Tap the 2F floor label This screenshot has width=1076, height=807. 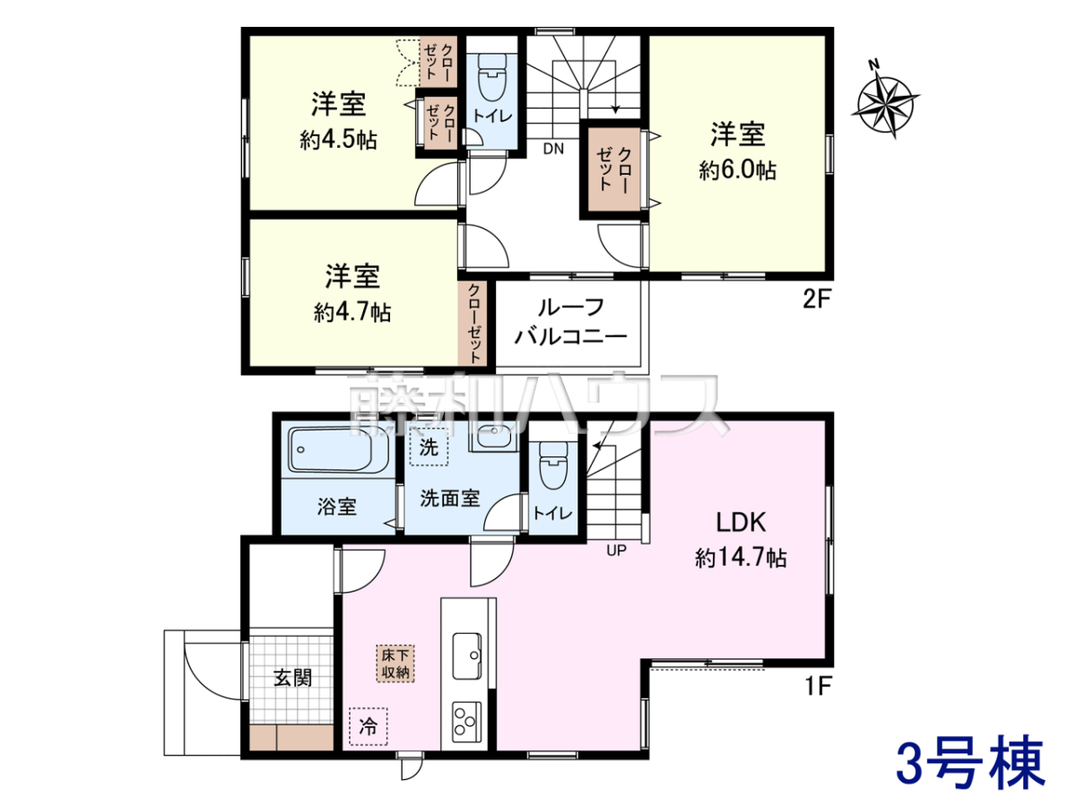[x=818, y=299]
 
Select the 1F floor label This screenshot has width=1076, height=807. [x=818, y=685]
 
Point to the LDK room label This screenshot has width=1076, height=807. [x=741, y=523]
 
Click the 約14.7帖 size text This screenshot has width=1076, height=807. [x=741, y=558]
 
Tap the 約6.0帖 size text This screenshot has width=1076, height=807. [x=737, y=170]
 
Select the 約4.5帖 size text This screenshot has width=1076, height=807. [x=338, y=140]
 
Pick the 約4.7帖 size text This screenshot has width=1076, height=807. [x=352, y=312]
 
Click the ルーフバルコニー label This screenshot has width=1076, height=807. [x=570, y=322]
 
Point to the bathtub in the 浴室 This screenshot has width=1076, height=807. [x=339, y=449]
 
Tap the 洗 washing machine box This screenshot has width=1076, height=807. [x=429, y=447]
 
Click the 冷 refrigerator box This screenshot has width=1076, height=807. [x=369, y=726]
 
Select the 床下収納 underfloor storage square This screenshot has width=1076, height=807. [x=395, y=664]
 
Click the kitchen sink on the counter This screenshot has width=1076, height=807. [x=466, y=656]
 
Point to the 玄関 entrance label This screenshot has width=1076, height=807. [x=292, y=679]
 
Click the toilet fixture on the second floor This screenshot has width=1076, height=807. [x=491, y=77]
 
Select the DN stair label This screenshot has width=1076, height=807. [x=553, y=149]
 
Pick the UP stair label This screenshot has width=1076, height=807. [x=616, y=551]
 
